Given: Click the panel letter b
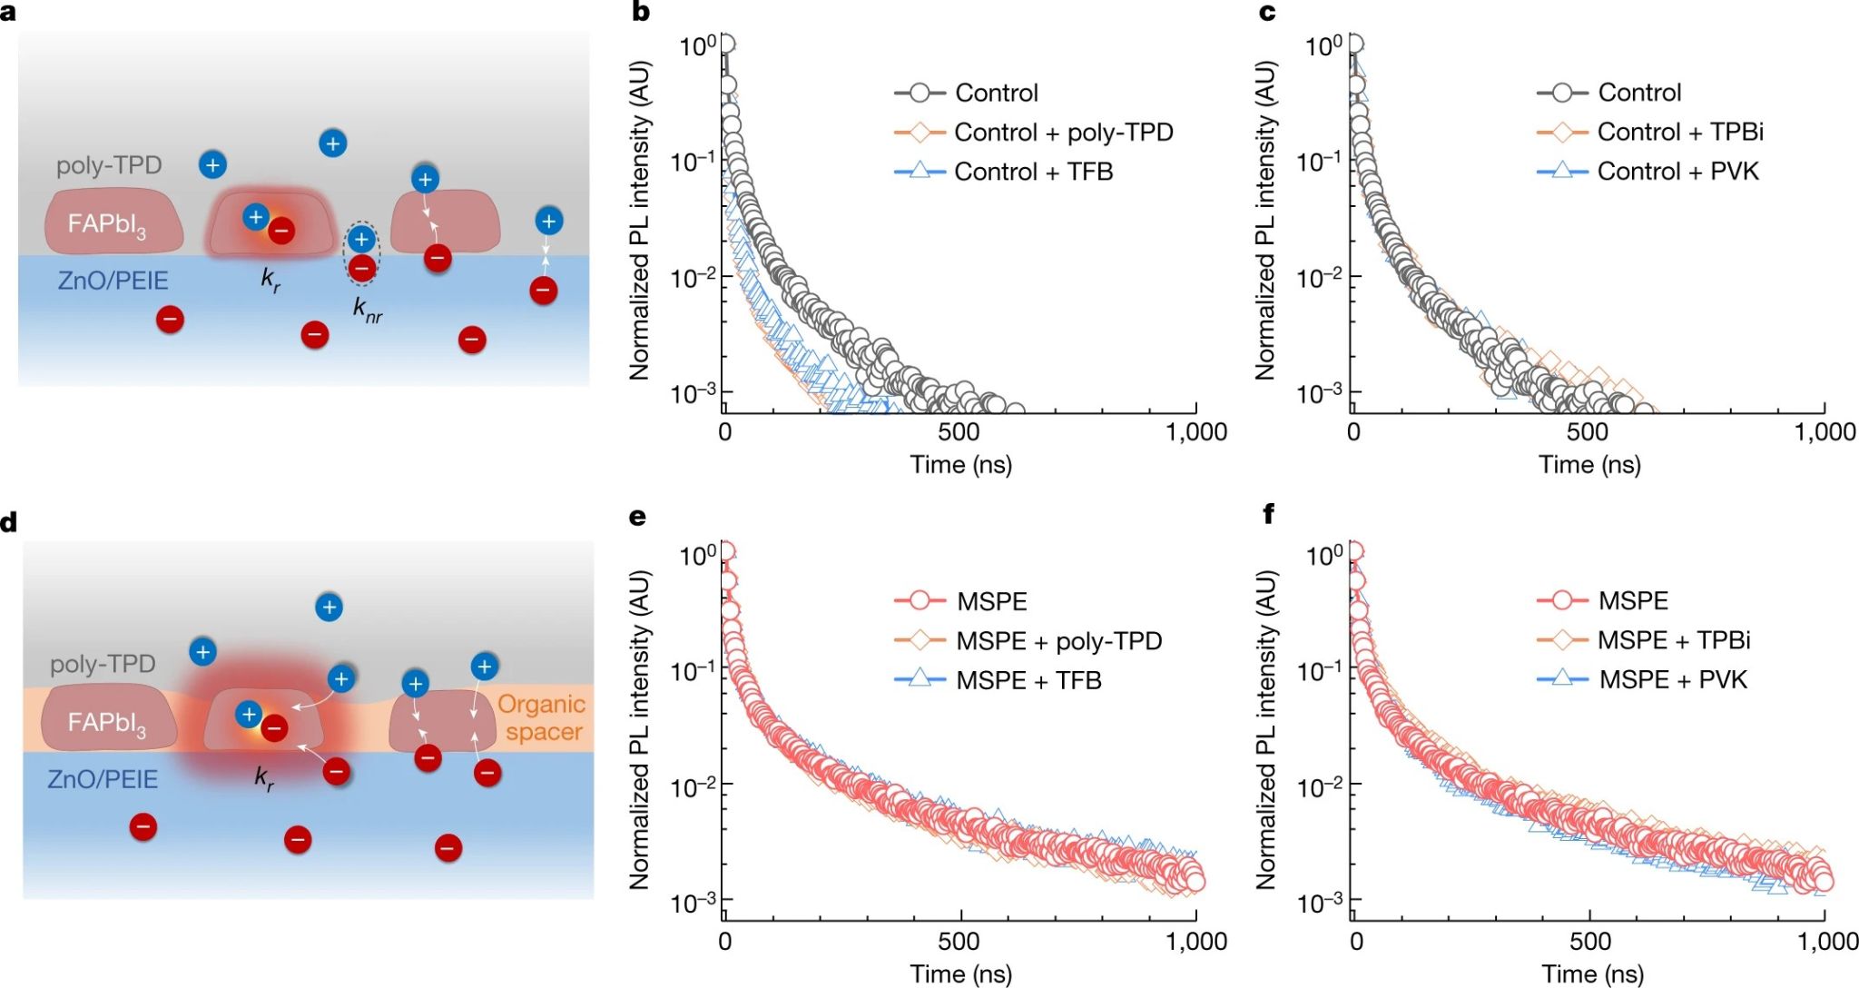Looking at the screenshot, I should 641,13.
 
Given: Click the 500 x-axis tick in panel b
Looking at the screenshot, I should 959,432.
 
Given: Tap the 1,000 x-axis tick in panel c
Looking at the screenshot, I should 1825,432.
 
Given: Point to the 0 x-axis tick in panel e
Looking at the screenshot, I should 724,942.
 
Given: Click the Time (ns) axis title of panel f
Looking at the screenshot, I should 1590,974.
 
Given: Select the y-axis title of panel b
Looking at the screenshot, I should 640,221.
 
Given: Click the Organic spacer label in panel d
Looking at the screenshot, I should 542,717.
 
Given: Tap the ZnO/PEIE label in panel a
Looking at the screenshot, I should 113,281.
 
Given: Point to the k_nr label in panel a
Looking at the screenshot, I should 368,311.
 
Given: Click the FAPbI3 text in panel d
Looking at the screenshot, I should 106,724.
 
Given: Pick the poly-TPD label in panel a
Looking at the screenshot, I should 109,165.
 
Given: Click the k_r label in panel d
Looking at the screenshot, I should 264,778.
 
